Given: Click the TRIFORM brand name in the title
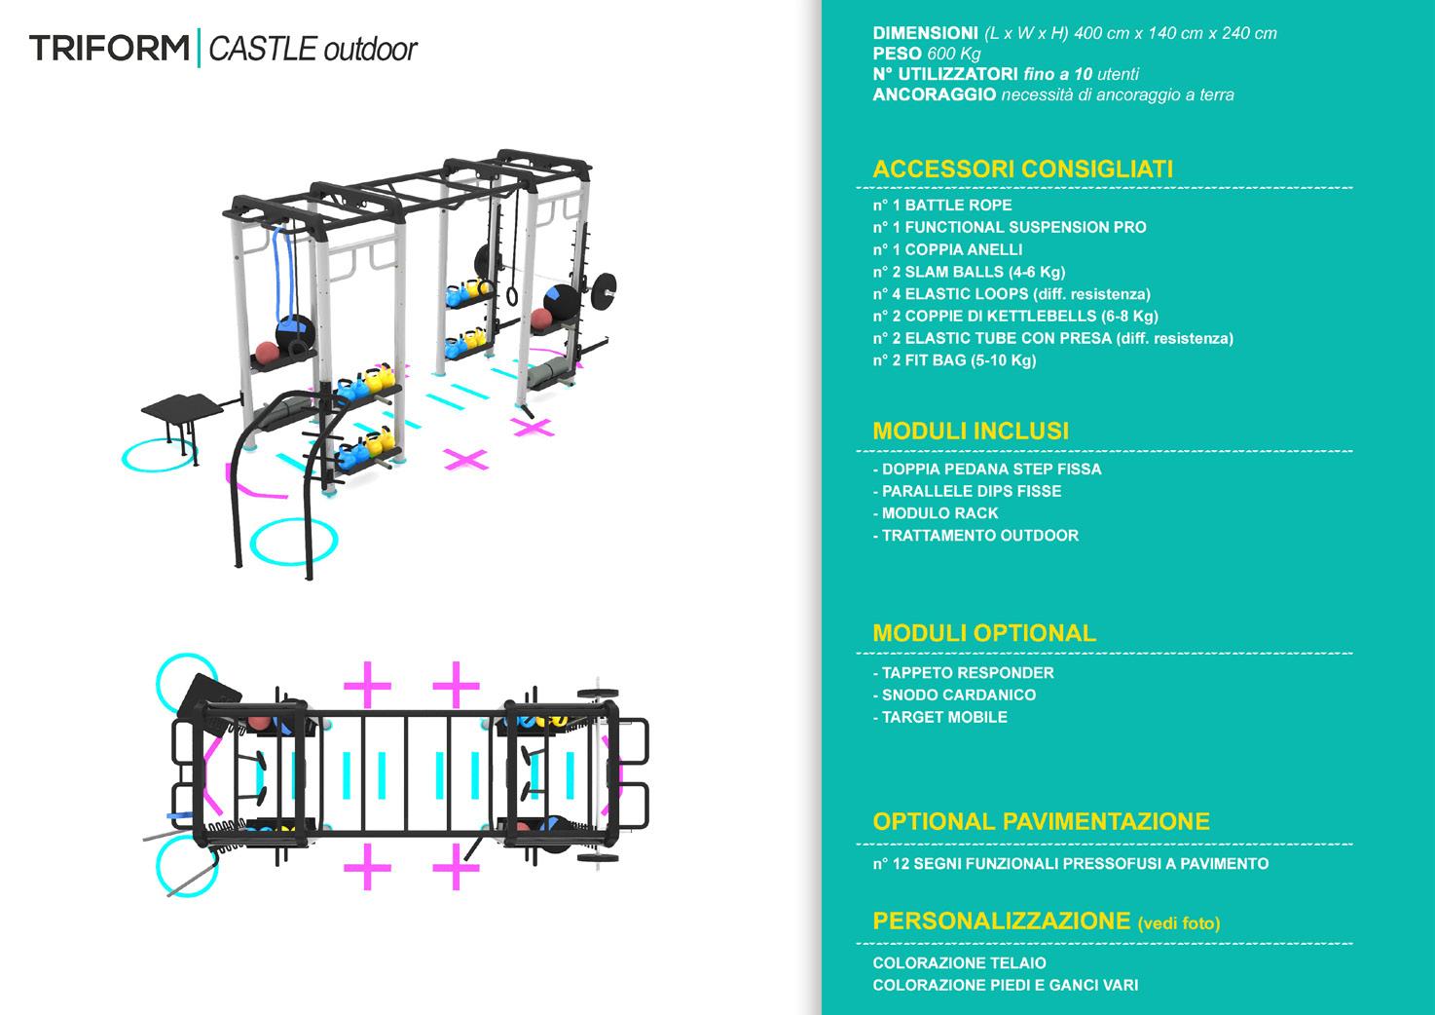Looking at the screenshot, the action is (x=109, y=48).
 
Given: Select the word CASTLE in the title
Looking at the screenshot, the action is (x=263, y=49).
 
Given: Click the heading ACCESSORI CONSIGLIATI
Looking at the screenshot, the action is (x=1022, y=169).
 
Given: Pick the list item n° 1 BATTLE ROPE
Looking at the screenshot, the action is (x=941, y=206).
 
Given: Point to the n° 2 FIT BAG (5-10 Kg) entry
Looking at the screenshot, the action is (x=954, y=360).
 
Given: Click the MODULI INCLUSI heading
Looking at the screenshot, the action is (x=971, y=431).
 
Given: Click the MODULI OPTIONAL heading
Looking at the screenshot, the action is (x=984, y=632).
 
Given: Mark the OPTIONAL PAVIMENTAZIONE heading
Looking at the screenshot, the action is (x=1041, y=821).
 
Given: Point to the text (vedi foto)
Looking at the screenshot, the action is (x=1178, y=923).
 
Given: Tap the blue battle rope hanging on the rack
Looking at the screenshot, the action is (x=283, y=273).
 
